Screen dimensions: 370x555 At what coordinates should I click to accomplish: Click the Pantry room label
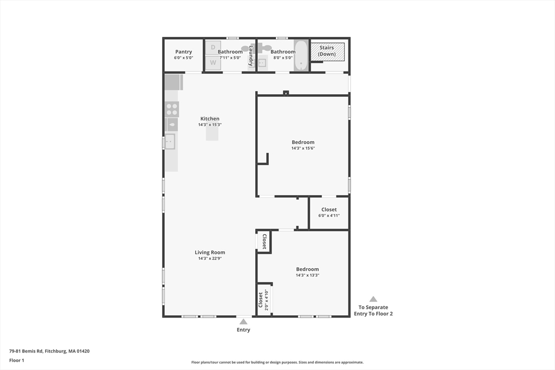[183, 52]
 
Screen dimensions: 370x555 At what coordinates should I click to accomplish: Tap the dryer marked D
[213, 48]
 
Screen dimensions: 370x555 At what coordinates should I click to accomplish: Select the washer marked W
[213, 62]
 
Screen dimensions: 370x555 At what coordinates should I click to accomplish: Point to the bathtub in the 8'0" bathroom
[301, 55]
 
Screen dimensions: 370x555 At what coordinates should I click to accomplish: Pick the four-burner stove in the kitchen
[172, 109]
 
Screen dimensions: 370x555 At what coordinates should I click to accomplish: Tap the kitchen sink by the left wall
[170, 141]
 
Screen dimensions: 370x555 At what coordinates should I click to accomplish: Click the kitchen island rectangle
[212, 134]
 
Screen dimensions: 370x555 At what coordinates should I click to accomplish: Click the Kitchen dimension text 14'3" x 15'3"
[210, 125]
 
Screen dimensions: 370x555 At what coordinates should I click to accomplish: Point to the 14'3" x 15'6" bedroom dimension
[303, 148]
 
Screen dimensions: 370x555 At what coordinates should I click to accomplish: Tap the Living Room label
[210, 252]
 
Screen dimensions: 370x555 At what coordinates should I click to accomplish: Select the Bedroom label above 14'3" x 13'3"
[307, 269]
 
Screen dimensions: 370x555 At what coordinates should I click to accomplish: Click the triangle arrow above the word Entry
[243, 321]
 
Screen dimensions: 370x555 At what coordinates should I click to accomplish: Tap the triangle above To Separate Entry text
[373, 299]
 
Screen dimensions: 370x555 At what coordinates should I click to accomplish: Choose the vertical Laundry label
[251, 55]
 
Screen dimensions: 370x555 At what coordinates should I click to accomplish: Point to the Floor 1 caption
[17, 360]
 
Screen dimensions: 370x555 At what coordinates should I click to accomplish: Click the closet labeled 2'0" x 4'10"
[263, 300]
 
